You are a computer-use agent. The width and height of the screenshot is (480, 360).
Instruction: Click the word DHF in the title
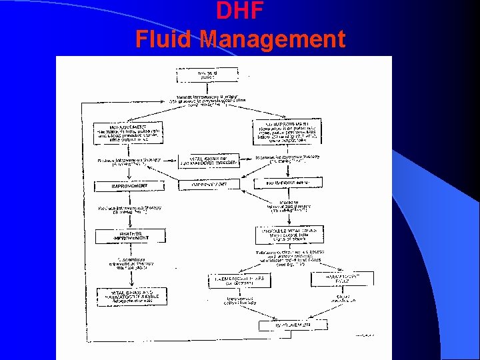point(240,11)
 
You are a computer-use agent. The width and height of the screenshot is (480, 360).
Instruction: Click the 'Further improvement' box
point(129,236)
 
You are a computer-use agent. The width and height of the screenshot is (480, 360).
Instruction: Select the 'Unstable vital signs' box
point(289,235)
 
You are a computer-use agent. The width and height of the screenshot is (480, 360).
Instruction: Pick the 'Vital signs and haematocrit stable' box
point(129,296)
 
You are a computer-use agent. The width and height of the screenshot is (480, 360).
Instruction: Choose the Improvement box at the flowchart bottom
point(293,325)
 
